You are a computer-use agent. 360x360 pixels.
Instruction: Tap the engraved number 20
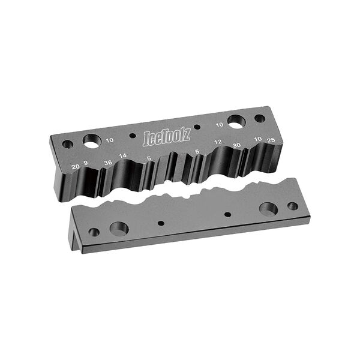click(76, 167)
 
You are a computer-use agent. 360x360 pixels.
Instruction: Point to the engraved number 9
click(86, 163)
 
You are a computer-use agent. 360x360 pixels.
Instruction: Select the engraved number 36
click(108, 163)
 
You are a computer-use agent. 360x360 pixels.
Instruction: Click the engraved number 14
click(122, 155)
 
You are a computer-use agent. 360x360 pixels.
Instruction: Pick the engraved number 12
click(218, 142)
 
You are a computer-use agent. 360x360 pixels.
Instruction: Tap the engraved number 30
click(236, 145)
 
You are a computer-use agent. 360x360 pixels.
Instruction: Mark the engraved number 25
click(271, 140)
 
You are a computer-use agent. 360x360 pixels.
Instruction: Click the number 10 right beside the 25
click(258, 139)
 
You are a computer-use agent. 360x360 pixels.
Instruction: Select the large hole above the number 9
click(92, 141)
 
